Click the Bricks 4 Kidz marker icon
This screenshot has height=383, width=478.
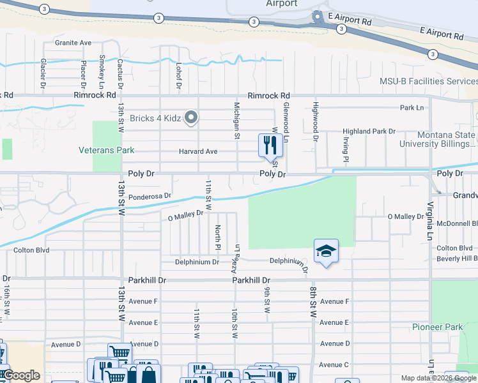click(x=190, y=117)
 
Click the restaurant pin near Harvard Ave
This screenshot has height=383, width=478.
click(x=270, y=145)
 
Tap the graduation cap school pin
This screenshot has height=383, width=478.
click(x=326, y=252)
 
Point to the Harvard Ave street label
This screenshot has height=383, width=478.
click(x=199, y=151)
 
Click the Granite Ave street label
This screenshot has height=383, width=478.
click(x=73, y=43)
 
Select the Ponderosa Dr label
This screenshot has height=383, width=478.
click(x=150, y=196)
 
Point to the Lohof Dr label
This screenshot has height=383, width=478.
click(x=179, y=75)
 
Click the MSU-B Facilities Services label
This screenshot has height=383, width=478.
click(x=428, y=82)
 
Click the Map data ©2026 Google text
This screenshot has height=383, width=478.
click(x=438, y=378)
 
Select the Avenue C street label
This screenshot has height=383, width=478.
click(x=334, y=364)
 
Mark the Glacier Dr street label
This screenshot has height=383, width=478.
click(x=43, y=73)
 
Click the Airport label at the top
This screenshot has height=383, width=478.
click(x=282, y=4)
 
